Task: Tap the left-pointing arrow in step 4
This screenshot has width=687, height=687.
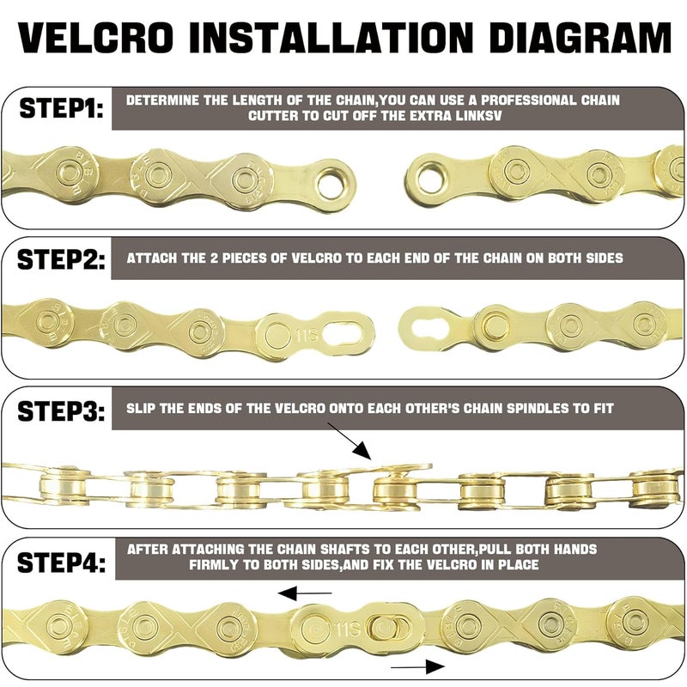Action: click(x=306, y=593)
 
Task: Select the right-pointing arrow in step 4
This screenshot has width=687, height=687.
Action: click(x=417, y=666)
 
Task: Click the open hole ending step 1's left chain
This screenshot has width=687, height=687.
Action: click(x=331, y=181)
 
